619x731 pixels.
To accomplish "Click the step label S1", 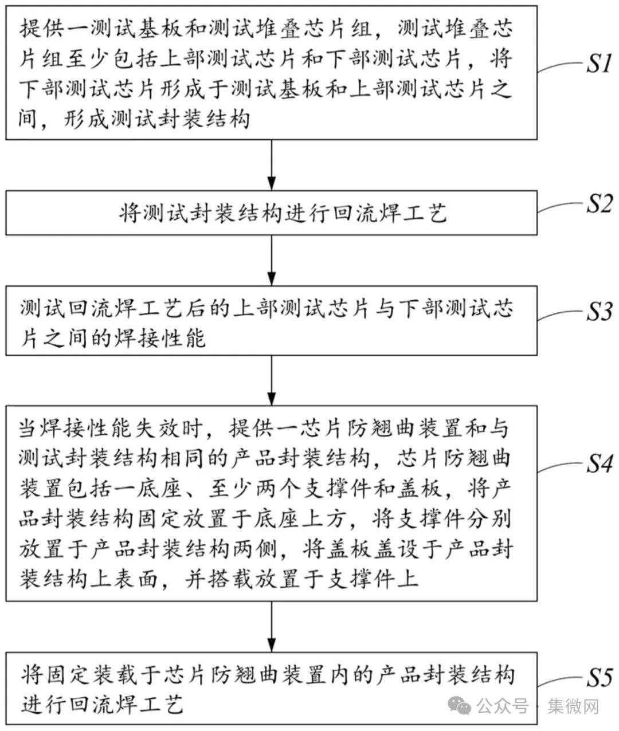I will click(598, 64).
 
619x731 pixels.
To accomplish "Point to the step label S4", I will click(598, 463).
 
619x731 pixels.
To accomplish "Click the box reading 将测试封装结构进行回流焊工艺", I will click(272, 213).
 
